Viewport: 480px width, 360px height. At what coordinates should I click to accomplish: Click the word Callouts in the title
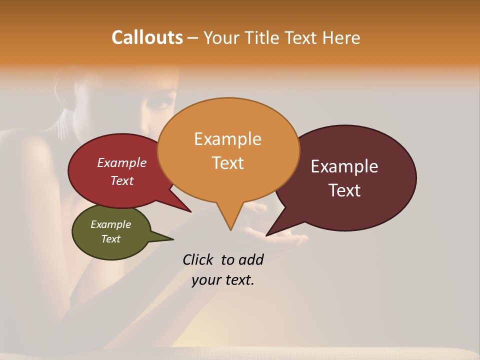[x=147, y=37]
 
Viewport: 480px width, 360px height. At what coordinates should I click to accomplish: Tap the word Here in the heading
[x=340, y=37]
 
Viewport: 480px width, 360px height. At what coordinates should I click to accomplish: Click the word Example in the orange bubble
[x=227, y=138]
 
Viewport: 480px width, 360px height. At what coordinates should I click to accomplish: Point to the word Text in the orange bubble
[x=227, y=162]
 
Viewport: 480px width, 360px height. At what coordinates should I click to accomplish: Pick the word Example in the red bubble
[x=121, y=162]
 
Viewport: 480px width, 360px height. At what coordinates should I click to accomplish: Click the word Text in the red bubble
[x=121, y=180]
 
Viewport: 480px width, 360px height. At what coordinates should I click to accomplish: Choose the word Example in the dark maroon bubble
[x=344, y=166]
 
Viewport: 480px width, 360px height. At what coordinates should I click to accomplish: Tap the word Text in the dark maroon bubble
[x=344, y=190]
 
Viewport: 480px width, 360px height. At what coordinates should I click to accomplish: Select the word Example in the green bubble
[x=110, y=224]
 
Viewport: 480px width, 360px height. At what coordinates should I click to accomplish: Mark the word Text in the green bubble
[x=110, y=239]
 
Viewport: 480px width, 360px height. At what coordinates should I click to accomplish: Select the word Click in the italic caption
[x=199, y=259]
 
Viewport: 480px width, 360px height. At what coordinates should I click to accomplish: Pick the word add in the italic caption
[x=250, y=259]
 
